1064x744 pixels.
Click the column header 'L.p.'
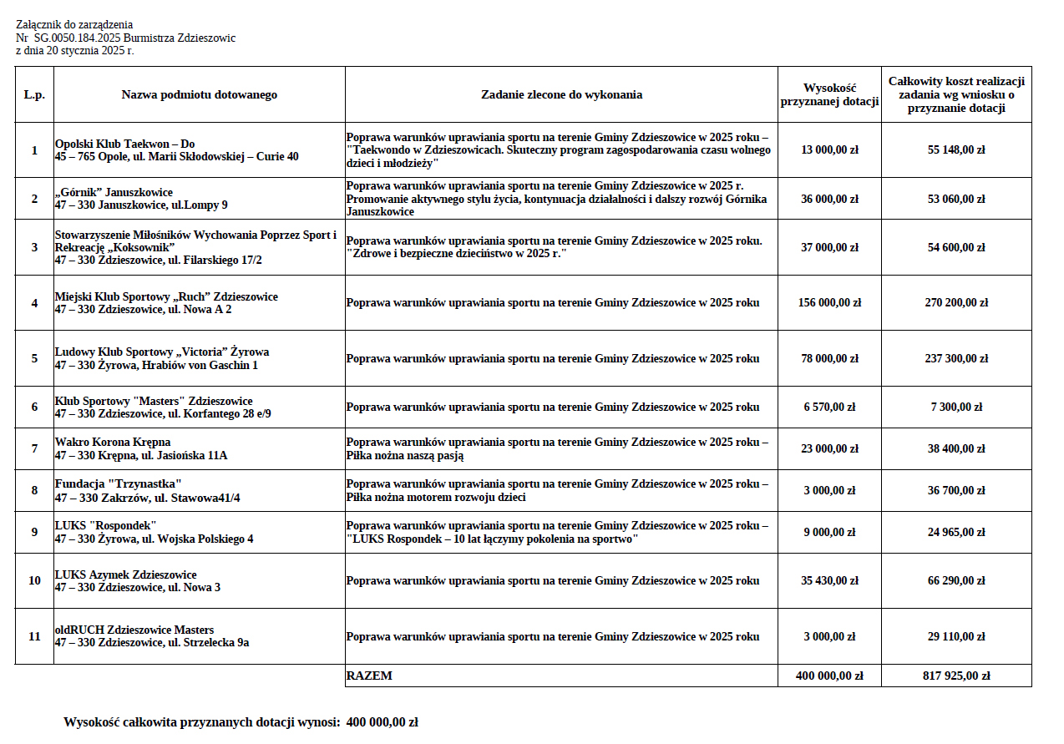click(34, 95)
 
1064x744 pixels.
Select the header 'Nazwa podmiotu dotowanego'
click(200, 95)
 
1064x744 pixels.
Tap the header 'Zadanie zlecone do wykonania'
click(561, 95)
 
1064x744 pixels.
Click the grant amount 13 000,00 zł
click(829, 150)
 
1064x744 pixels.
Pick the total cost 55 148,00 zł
click(956, 150)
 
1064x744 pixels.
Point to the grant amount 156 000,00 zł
click(829, 303)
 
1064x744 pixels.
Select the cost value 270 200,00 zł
click(956, 303)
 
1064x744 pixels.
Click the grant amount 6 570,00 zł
click(829, 407)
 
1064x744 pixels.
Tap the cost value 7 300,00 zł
click(956, 407)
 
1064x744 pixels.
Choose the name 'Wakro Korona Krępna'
click(113, 442)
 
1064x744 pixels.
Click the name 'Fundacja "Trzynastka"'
click(118, 484)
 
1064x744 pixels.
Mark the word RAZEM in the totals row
click(369, 676)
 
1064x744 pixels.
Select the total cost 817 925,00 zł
click(956, 676)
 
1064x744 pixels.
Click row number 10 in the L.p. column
click(34, 580)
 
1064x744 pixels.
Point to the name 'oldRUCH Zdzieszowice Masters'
click(134, 630)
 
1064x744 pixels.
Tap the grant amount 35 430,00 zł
click(829, 580)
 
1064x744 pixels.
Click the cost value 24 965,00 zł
click(956, 533)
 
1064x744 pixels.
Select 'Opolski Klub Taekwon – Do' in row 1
click(124, 144)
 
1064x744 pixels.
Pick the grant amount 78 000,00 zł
click(829, 359)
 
